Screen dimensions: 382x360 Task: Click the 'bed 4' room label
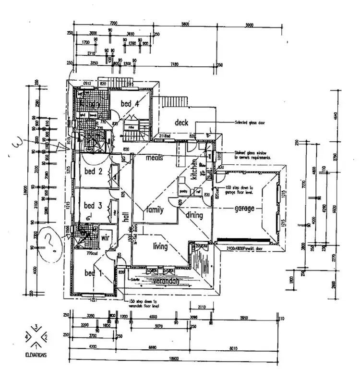(x=129, y=103)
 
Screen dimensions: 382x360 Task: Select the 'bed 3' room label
(x=93, y=206)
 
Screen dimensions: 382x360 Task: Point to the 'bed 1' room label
(x=91, y=273)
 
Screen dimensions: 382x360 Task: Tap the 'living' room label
(x=160, y=247)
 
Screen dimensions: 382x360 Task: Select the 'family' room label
(x=155, y=210)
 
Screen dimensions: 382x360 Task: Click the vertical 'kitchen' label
(x=194, y=169)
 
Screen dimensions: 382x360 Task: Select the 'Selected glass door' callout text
(x=251, y=123)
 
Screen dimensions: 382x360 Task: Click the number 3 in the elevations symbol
(x=37, y=327)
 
